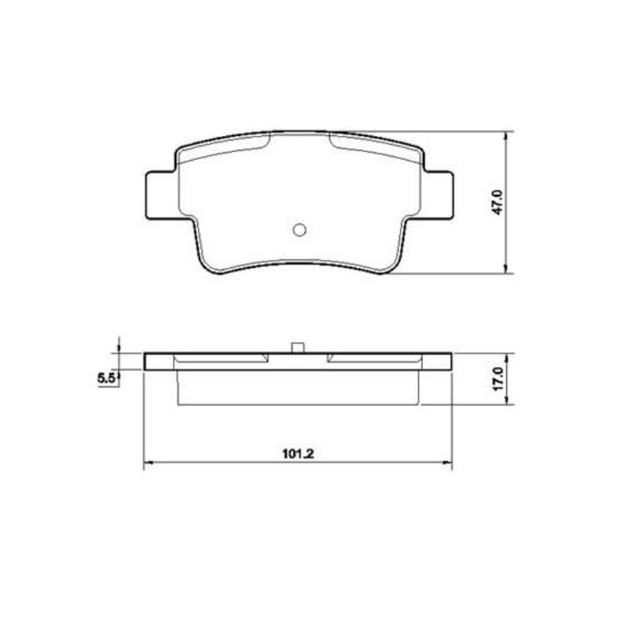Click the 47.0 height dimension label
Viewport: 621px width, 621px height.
498,202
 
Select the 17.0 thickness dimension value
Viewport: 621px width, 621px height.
498,379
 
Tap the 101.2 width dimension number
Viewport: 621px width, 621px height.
298,454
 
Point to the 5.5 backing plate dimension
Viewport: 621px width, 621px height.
106,379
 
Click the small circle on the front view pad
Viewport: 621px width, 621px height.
300,230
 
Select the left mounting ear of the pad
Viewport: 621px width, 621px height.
161,195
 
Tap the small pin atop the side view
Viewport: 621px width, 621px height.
298,348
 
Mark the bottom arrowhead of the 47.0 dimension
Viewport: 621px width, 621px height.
506,269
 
